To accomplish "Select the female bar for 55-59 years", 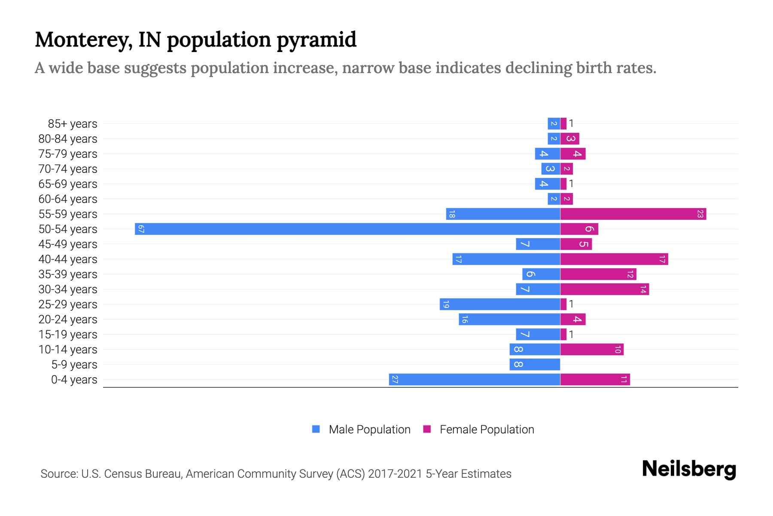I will (633, 214).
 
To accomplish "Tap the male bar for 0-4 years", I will (474, 379).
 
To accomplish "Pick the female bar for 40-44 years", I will (614, 259).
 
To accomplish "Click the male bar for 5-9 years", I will (535, 364).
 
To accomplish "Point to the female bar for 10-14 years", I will (592, 349).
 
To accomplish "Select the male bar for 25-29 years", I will (500, 304).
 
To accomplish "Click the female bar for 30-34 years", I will (604, 289).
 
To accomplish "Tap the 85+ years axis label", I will (72, 124).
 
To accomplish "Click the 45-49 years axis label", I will (68, 244).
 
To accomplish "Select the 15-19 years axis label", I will (68, 335).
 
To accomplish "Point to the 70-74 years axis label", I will (68, 169).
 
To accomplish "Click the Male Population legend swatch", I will (316, 429).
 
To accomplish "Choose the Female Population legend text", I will (487, 430).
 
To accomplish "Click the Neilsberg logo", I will (689, 469).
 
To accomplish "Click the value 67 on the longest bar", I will (141, 229).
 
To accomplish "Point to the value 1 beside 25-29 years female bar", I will (571, 304).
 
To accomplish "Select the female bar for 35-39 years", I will (598, 274).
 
